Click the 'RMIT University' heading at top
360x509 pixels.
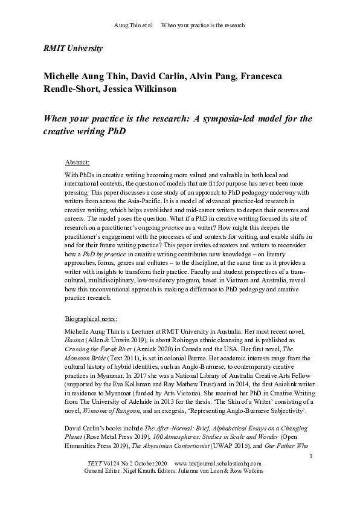point(73,48)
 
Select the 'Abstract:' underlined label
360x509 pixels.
point(77,163)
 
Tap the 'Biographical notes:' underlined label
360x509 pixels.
point(91,319)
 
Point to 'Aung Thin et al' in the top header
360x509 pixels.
point(133,25)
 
